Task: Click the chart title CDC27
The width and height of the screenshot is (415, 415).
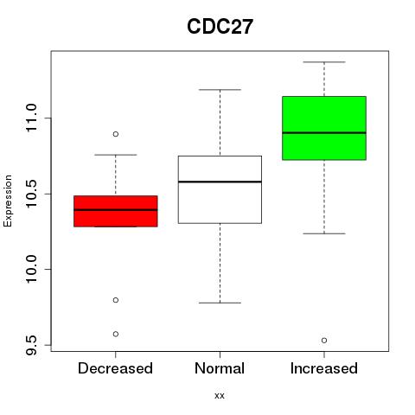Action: (220, 27)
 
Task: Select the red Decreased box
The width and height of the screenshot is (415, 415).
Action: (116, 211)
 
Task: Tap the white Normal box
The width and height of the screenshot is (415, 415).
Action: (220, 189)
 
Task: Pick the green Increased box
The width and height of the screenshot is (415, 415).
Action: (324, 128)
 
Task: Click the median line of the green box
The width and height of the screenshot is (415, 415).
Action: (324, 133)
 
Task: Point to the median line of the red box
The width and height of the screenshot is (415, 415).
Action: (116, 210)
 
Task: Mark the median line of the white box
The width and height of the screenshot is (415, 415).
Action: (220, 182)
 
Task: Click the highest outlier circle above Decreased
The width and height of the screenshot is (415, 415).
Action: (116, 134)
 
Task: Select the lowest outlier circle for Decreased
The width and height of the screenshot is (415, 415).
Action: (116, 334)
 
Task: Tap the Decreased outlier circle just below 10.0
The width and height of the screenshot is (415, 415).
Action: (116, 300)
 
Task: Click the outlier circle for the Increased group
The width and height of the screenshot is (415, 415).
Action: (324, 341)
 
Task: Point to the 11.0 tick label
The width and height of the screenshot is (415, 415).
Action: (31, 118)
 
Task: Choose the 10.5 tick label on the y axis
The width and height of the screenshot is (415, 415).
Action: (31, 194)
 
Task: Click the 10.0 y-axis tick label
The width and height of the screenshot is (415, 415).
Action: (31, 269)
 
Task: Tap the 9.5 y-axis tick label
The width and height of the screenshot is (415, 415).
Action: (31, 345)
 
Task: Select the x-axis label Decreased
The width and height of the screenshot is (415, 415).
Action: (115, 368)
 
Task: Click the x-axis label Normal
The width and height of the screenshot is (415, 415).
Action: (220, 368)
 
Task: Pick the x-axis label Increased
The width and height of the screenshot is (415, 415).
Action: (324, 368)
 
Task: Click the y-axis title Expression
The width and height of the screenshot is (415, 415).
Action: (8, 201)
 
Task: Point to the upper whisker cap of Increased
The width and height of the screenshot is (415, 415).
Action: (324, 62)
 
